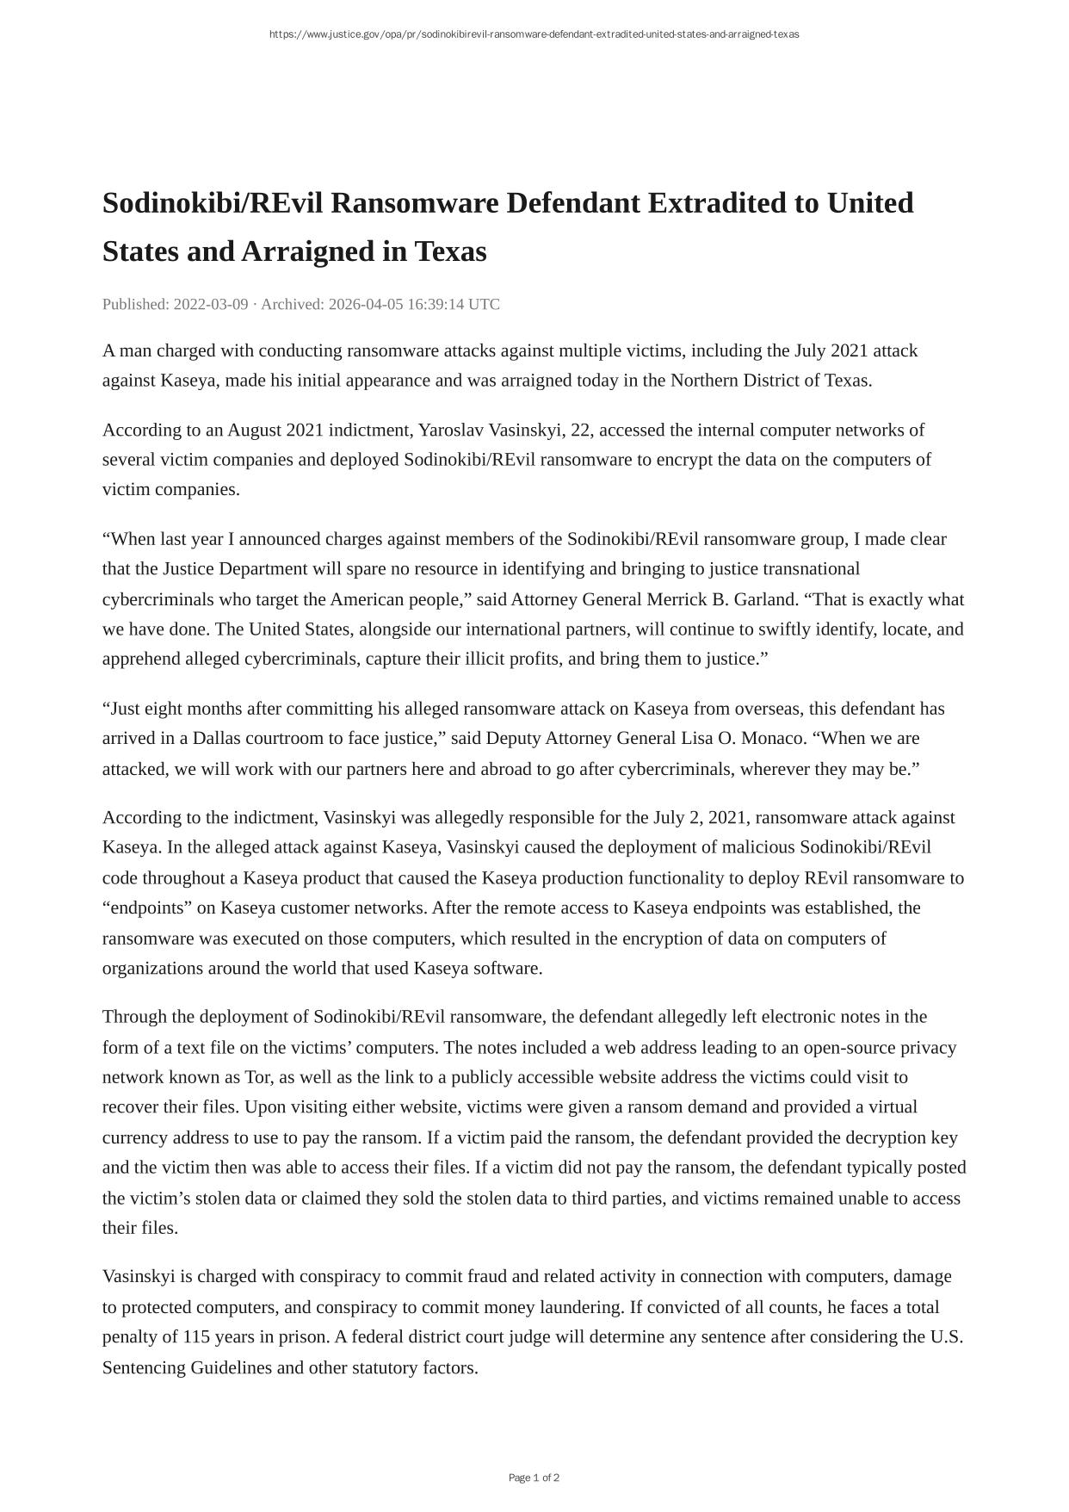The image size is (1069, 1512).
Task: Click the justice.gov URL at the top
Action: [x=534, y=34]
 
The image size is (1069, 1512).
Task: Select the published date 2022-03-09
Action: [x=211, y=304]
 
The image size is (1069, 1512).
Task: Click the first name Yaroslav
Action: [x=451, y=430]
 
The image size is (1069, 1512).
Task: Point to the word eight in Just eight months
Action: [x=164, y=709]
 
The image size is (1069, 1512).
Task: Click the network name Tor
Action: [x=258, y=1077]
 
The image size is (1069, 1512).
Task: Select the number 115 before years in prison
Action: [x=196, y=1337]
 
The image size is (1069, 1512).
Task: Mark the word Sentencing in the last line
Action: [x=144, y=1367]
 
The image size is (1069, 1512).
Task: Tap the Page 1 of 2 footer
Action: [x=534, y=1478]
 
